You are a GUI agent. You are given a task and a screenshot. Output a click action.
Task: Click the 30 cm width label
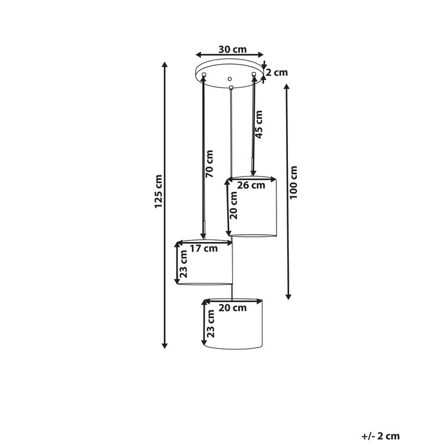(232, 49)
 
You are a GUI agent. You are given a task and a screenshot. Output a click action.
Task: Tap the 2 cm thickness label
(277, 72)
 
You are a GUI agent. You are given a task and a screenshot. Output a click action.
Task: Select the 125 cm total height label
(158, 191)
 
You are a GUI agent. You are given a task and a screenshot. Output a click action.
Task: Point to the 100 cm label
(293, 182)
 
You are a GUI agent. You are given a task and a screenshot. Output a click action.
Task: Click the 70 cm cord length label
(209, 164)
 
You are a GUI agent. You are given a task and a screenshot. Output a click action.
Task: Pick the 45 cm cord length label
(259, 124)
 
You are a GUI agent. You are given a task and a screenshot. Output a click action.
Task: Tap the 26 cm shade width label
(252, 185)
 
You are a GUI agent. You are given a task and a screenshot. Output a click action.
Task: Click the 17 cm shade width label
(204, 248)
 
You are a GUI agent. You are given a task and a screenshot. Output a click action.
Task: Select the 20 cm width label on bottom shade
(232, 308)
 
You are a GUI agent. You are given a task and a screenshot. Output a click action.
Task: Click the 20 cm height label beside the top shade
(234, 205)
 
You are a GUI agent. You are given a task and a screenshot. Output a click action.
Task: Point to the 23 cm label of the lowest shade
(211, 324)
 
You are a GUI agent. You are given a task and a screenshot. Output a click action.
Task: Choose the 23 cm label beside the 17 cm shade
(184, 264)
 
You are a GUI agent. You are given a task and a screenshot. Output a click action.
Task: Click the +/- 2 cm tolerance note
(380, 436)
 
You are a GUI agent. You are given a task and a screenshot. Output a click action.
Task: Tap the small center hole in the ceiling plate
(229, 79)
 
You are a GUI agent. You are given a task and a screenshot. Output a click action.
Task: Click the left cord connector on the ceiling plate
(204, 75)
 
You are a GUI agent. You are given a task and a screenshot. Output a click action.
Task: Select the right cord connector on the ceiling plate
(253, 74)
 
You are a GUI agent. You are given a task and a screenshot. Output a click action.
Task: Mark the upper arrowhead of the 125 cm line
(164, 65)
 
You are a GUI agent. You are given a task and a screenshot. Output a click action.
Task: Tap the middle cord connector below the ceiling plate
(231, 87)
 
